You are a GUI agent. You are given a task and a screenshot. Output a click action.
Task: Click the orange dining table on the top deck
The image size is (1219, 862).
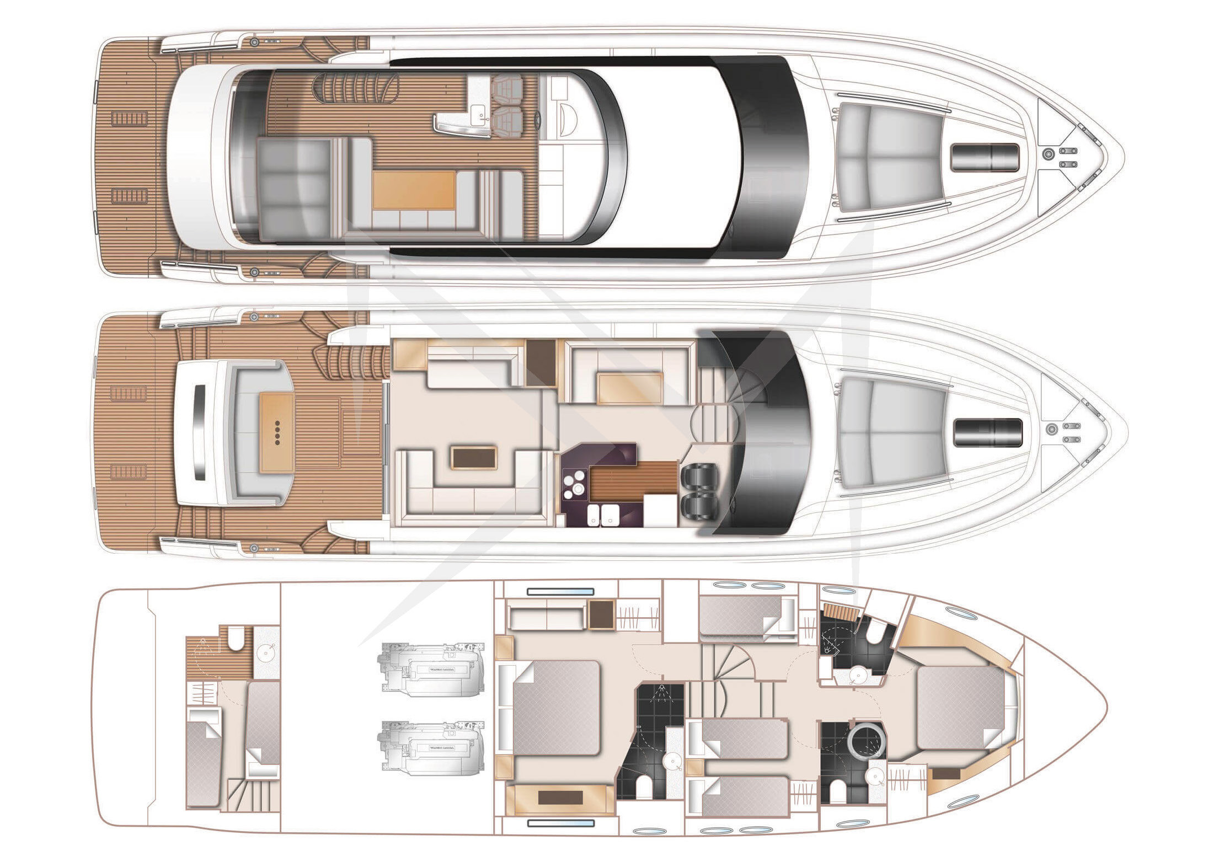pyautogui.click(x=414, y=189)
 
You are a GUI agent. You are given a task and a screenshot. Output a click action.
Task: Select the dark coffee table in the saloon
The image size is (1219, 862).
pyautogui.click(x=474, y=457)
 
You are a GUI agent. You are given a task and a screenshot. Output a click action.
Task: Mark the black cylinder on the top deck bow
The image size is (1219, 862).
pyautogui.click(x=985, y=157)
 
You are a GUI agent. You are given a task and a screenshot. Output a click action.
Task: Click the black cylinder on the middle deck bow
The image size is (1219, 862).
pyautogui.click(x=987, y=432)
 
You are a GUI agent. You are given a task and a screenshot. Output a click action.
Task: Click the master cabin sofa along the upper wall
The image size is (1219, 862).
pyautogui.click(x=546, y=618)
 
